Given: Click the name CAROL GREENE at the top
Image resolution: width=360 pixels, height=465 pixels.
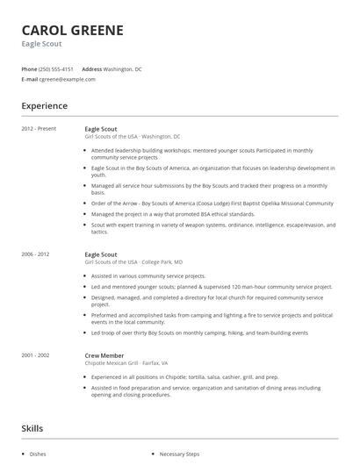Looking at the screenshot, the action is [72, 31].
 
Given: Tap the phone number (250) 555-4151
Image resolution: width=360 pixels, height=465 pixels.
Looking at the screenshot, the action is [57, 68].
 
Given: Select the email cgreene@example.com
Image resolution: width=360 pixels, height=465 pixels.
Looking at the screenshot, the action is [66, 79].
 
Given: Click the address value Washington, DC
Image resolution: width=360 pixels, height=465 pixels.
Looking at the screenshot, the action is [123, 68].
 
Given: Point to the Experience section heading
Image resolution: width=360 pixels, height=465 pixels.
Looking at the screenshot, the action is [44, 106].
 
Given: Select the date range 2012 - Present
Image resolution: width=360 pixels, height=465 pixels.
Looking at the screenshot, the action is [39, 129].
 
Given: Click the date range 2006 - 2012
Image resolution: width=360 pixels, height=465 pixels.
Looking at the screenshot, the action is [36, 254].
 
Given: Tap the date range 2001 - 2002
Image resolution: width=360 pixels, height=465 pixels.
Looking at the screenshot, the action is [36, 354].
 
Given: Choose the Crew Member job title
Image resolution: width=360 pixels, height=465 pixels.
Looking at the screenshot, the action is [104, 354].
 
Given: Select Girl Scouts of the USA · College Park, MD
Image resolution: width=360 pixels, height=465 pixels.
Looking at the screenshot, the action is [133, 261].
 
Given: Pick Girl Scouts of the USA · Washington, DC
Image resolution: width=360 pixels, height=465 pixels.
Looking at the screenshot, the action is [133, 136].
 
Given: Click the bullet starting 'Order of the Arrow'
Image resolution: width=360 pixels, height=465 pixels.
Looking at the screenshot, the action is [212, 203].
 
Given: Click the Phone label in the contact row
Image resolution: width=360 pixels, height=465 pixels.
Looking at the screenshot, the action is [29, 68].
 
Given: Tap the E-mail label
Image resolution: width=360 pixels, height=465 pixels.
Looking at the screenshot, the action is [29, 79].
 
